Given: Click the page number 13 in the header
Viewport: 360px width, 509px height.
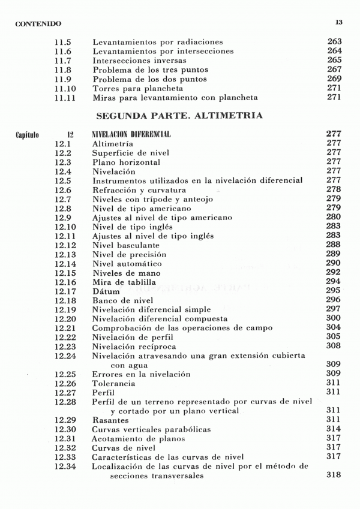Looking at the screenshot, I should click(338, 22).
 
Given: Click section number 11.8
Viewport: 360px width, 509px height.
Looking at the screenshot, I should click(63, 70).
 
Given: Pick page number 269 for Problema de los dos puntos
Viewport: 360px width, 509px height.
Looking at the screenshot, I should click(334, 79).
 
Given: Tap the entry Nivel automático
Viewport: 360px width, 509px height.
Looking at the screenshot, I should click(127, 263).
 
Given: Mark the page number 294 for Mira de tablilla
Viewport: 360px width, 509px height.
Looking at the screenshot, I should click(334, 281).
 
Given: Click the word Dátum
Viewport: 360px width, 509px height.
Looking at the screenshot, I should click(106, 291).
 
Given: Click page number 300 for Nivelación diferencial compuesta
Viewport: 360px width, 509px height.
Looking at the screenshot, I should click(334, 318).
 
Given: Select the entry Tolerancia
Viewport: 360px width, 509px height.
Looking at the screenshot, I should click(113, 383).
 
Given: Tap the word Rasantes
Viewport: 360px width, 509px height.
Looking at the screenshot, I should click(111, 420).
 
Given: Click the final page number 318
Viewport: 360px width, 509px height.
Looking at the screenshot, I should click(334, 475).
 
